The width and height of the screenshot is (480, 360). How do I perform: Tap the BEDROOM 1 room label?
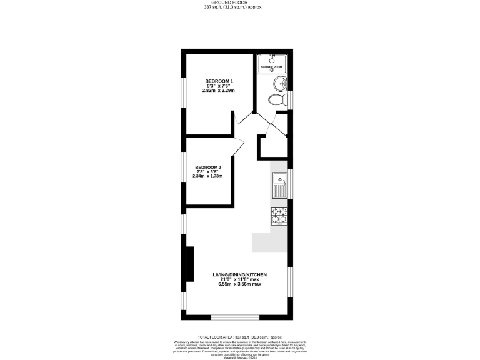219,81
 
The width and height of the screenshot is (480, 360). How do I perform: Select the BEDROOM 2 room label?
208,167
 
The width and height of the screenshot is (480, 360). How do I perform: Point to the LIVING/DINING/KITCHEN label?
239,274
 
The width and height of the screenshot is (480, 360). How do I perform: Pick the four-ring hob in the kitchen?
279,216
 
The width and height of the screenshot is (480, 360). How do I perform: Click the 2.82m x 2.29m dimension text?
218,91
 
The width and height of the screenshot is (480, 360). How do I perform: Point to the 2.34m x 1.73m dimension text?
208,176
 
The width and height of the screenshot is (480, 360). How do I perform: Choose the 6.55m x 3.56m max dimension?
239,284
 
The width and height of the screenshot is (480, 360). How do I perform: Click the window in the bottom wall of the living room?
236,317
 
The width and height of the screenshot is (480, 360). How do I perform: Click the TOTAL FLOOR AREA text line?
239,336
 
